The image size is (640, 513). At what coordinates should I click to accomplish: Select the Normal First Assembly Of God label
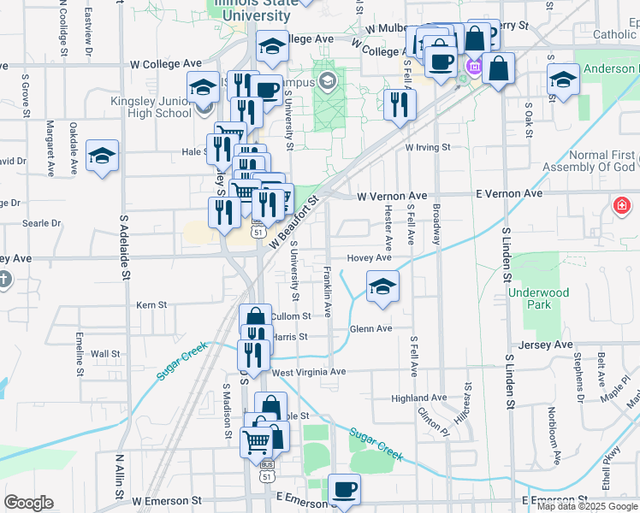tap(591, 162)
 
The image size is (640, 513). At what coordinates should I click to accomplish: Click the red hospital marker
tap(621, 206)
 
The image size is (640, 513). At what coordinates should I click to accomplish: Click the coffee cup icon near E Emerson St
tap(344, 489)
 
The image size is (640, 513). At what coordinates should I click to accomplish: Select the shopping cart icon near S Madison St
tap(257, 441)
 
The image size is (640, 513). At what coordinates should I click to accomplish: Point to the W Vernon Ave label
tap(392, 195)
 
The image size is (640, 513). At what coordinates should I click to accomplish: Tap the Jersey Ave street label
tap(550, 345)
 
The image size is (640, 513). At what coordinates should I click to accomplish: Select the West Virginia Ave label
tap(309, 372)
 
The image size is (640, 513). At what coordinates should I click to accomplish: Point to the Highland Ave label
tap(419, 398)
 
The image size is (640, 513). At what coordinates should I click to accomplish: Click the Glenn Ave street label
tap(371, 328)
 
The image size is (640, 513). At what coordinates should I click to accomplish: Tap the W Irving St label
tap(427, 147)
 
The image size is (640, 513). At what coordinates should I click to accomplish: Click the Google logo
tap(28, 503)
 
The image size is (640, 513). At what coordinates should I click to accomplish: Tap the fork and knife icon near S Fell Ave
tap(400, 103)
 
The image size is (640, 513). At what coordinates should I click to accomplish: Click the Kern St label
tap(151, 304)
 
